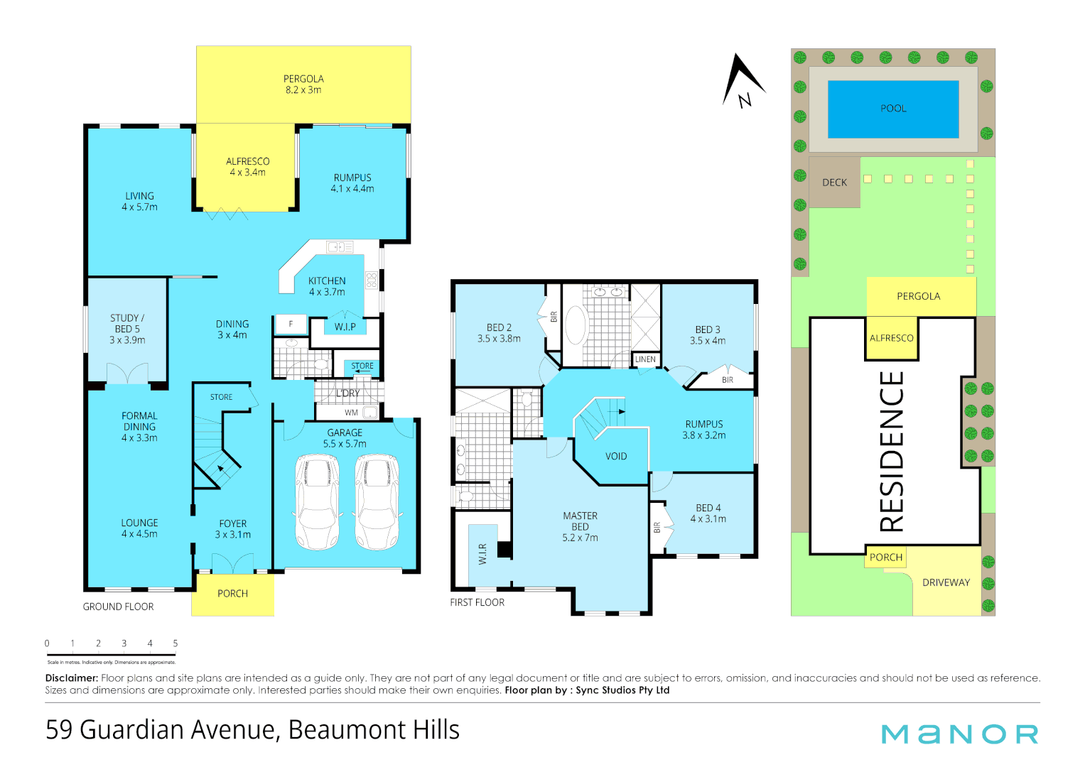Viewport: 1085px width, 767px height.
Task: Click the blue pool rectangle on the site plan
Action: tap(893, 109)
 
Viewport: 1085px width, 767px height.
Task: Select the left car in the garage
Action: tap(317, 501)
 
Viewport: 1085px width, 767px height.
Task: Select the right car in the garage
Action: tap(377, 501)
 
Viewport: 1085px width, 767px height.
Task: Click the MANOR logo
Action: tap(959, 734)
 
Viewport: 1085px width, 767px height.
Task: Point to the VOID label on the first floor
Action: tap(616, 457)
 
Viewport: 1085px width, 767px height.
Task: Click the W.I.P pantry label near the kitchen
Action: tap(345, 327)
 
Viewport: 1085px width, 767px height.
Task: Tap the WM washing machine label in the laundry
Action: tap(351, 413)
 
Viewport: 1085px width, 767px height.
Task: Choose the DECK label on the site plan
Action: tap(834, 183)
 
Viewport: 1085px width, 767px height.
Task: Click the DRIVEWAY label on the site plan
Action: tap(946, 582)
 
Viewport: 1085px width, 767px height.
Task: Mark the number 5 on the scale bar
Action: tap(176, 643)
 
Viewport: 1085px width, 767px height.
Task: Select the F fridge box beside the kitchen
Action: tap(291, 324)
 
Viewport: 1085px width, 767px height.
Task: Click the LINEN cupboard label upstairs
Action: tap(645, 359)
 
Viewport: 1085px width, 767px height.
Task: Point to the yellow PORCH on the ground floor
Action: tap(232, 594)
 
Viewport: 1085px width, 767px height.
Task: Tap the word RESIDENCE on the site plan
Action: tap(892, 451)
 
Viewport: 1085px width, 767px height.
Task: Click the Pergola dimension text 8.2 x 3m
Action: tap(303, 90)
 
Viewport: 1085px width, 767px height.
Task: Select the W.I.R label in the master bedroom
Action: tap(483, 554)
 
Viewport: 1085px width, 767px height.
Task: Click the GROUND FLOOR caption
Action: tap(118, 606)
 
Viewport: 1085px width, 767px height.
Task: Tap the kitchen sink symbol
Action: tap(340, 247)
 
